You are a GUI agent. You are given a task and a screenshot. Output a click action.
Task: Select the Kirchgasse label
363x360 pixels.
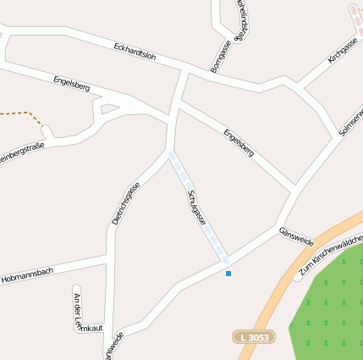[x=344, y=50]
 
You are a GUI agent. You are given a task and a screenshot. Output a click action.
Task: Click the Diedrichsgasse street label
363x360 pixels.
[x=125, y=203]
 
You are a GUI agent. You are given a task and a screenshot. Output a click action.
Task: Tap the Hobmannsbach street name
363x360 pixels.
[x=27, y=274]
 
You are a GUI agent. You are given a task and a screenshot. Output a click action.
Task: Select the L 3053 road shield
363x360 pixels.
[x=254, y=337]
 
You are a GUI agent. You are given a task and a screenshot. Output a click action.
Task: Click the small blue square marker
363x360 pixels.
[x=228, y=273]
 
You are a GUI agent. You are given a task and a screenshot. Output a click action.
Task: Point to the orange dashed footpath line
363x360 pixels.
[x=21, y=113]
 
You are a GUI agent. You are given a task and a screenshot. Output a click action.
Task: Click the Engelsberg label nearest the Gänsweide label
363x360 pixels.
[x=239, y=142]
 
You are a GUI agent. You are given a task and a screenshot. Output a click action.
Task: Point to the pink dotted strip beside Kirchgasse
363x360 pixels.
[x=355, y=17]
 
